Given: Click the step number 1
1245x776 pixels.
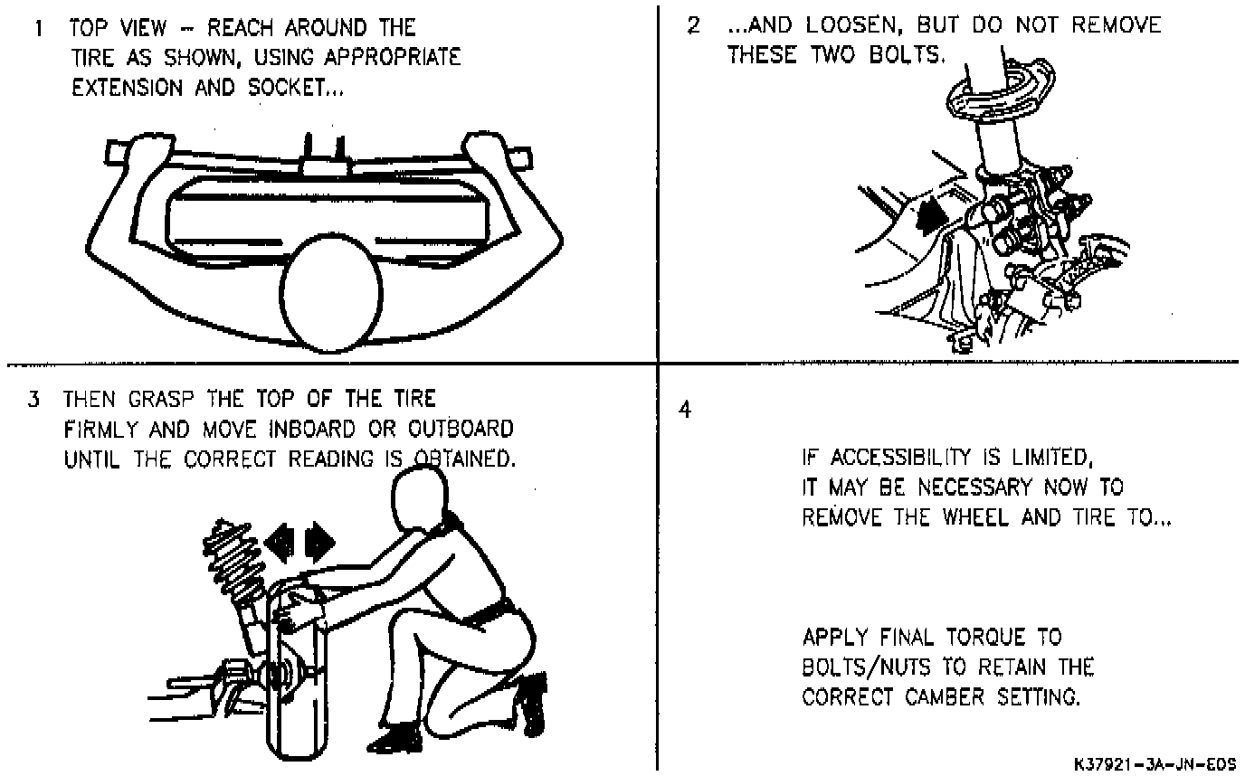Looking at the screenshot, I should (x=37, y=28).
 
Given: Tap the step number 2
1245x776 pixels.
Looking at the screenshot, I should (x=693, y=25).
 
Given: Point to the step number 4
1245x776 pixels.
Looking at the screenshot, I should (x=685, y=410).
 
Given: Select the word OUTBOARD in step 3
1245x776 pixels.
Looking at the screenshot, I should (x=461, y=428).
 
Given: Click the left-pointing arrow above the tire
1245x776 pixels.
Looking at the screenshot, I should (x=282, y=542).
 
